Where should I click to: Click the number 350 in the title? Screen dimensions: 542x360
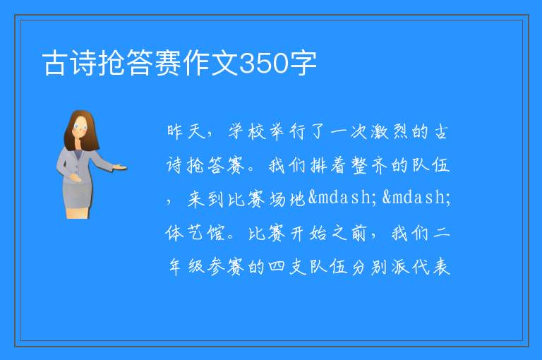(264, 63)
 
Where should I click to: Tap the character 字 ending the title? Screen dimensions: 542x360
(303, 63)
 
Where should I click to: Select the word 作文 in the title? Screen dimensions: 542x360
(211, 63)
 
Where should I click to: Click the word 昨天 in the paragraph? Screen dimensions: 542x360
(186, 131)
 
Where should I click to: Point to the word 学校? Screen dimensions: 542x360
(247, 131)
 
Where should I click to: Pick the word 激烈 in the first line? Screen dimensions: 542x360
(390, 131)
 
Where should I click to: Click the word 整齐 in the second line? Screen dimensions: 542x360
(370, 165)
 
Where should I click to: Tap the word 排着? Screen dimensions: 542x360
(329, 165)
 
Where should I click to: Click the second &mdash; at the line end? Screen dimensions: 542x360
(416, 198)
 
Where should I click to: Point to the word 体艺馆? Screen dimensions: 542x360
(195, 233)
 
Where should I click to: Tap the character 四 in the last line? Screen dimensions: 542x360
(277, 267)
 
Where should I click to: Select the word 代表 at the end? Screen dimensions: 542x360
(431, 267)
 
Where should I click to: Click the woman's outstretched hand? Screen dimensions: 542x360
(120, 167)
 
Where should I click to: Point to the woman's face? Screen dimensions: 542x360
(80, 128)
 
